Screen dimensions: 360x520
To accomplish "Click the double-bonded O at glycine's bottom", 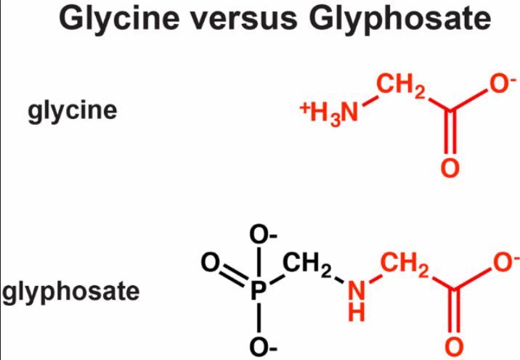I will click(x=450, y=168).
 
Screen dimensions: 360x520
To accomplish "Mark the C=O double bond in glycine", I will click(x=450, y=138).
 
